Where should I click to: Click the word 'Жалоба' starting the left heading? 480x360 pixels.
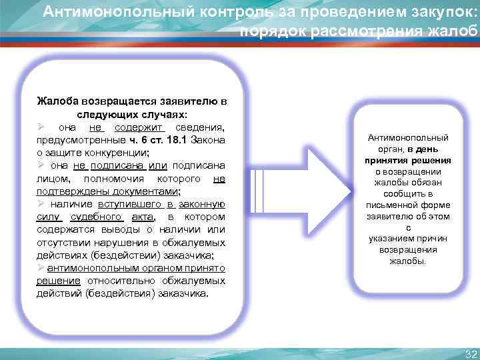(57, 102)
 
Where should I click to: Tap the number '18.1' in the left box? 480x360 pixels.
(173, 141)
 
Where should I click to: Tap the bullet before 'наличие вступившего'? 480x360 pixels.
(41, 204)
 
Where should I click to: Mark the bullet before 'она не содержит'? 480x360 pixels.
(41, 127)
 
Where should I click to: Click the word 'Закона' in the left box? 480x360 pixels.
(209, 141)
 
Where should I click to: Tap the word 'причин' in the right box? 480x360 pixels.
(433, 239)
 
